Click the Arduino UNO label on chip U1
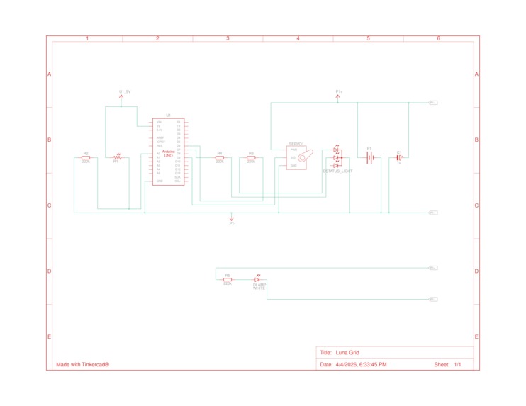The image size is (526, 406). point(169,153)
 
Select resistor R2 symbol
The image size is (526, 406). point(86,158)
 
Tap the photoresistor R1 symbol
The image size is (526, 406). point(118,157)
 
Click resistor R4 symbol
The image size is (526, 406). point(220,157)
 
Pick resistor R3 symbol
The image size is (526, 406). point(251,157)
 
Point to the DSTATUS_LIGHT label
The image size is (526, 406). point(337,171)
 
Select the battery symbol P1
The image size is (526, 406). point(369,158)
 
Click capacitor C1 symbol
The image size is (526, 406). point(399,158)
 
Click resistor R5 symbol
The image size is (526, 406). point(228,280)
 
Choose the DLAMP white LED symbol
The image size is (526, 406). point(258,280)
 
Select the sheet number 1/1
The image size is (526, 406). point(457,364)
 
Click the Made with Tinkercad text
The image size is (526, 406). point(82,364)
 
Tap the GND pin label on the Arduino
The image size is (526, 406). point(160,181)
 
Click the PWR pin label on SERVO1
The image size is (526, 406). point(293,150)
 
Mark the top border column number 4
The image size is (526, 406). point(298,38)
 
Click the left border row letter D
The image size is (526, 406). point(49,271)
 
